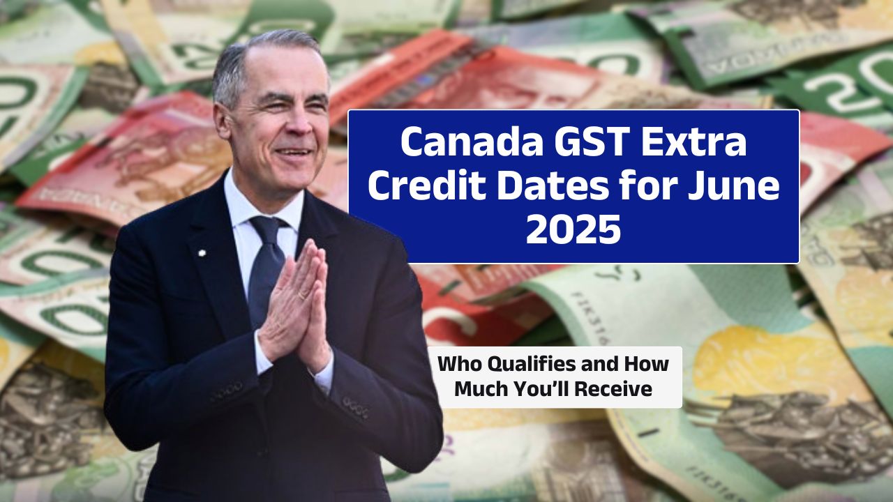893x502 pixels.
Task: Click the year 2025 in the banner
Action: tap(573, 229)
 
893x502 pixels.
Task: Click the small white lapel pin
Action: tap(202, 253)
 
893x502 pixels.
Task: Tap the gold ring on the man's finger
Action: tap(303, 295)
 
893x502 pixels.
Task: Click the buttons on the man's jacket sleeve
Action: tap(356, 407)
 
